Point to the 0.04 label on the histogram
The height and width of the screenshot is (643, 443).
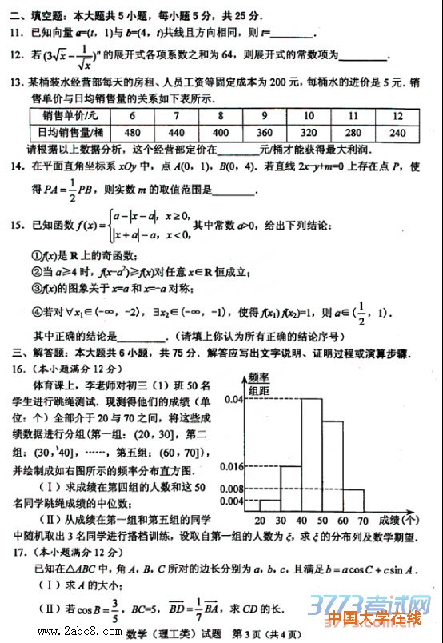pyautogui.click(x=233, y=398)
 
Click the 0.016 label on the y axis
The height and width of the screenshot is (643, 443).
pyautogui.click(x=230, y=466)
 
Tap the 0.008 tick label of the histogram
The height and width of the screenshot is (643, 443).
pyautogui.click(x=230, y=488)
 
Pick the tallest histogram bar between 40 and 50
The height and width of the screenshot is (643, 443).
pyautogui.click(x=311, y=452)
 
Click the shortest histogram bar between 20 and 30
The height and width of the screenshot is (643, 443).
pyautogui.click(x=269, y=505)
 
